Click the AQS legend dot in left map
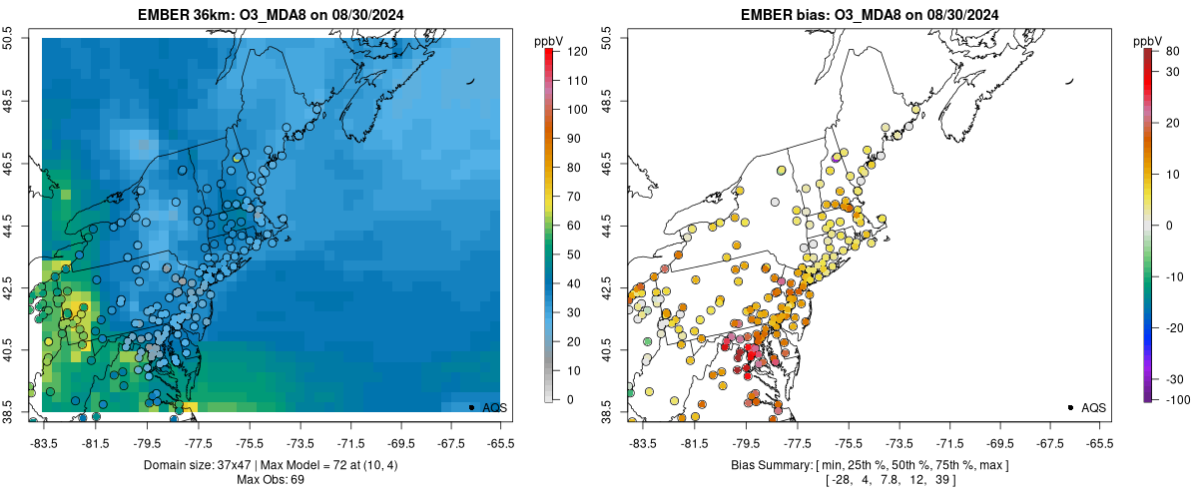tap(471, 407)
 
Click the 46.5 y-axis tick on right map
tap(608, 164)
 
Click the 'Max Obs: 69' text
tap(270, 480)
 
